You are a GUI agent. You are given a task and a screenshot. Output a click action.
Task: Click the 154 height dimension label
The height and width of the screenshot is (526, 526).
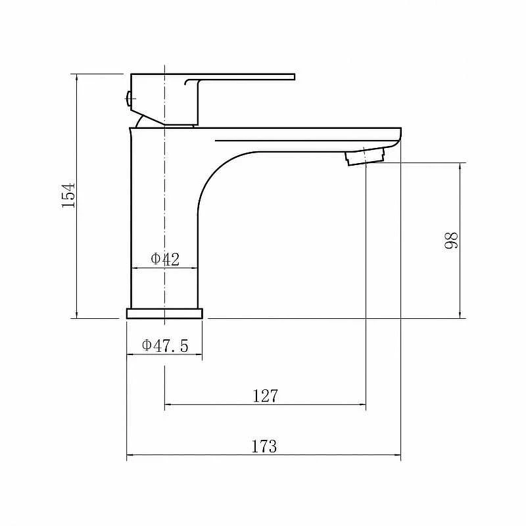pyautogui.click(x=68, y=195)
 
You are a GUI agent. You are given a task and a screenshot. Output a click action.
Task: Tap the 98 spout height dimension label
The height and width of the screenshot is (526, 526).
pyautogui.click(x=450, y=240)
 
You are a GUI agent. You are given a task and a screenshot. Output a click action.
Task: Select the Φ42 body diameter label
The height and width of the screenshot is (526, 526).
pyautogui.click(x=165, y=259)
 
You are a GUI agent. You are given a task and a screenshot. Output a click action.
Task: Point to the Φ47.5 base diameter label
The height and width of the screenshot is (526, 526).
pyautogui.click(x=165, y=346)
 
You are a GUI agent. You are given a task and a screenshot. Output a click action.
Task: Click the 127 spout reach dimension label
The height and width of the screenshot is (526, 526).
pyautogui.click(x=265, y=396)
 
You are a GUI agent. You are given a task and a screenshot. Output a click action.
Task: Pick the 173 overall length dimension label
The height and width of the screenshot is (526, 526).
pyautogui.click(x=264, y=446)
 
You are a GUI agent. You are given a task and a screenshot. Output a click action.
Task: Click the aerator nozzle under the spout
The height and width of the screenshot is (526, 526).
pyautogui.click(x=365, y=156)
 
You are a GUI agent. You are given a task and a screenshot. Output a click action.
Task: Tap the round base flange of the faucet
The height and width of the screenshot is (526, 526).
pyautogui.click(x=164, y=314)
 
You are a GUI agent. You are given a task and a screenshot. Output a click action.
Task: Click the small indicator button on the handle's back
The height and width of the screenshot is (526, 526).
pyautogui.click(x=128, y=99)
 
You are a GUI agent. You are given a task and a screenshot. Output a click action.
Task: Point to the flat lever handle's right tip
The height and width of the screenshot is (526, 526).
pyautogui.click(x=294, y=77)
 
